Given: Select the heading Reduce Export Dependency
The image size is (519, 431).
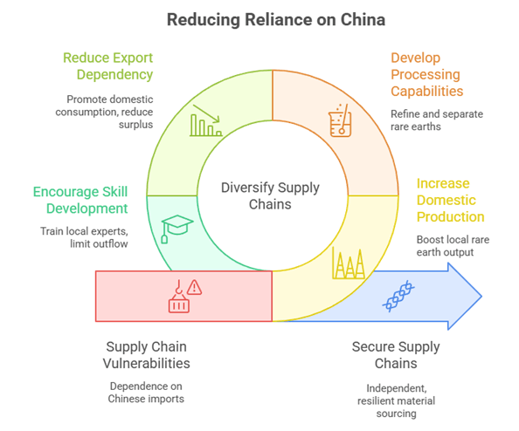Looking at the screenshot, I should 109,66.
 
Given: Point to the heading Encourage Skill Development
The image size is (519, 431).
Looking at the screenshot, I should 80,200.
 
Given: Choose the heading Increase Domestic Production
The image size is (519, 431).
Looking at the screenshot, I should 450,200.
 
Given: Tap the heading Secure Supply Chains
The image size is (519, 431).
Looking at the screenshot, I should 396,356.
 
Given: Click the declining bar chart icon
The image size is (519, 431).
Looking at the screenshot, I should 206,122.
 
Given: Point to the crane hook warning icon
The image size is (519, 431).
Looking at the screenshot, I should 184,294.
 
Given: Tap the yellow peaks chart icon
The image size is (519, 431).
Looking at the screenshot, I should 348,263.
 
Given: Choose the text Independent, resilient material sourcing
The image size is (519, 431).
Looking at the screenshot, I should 396,400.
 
